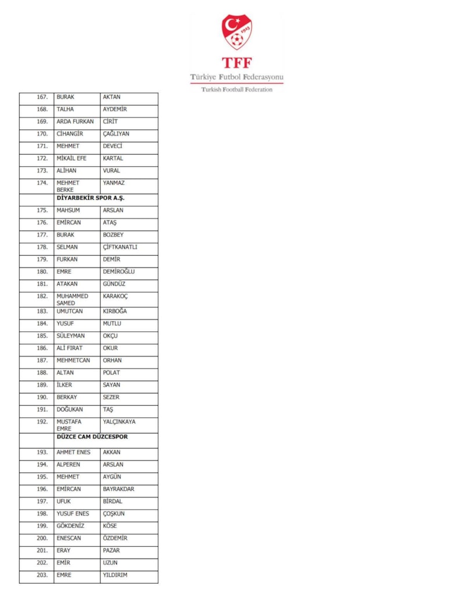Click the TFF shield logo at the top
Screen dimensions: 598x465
click(x=237, y=32)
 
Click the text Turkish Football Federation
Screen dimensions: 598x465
click(x=237, y=89)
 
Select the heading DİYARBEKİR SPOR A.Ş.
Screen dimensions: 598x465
click(x=90, y=198)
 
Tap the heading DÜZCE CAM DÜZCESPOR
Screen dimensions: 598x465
click(x=92, y=437)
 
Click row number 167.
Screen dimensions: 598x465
click(x=42, y=97)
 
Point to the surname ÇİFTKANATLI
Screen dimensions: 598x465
click(x=120, y=247)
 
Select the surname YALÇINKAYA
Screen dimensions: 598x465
click(x=119, y=422)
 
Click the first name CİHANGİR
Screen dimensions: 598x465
click(x=70, y=134)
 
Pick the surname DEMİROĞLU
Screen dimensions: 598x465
click(x=119, y=271)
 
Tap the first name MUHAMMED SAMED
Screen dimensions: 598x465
click(x=72, y=299)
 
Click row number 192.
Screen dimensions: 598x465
click(x=42, y=422)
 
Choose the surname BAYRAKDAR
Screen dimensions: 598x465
click(x=119, y=489)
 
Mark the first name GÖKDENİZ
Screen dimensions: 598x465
click(x=70, y=526)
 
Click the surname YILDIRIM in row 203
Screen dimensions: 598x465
click(x=115, y=575)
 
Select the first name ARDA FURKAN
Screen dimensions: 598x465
click(x=75, y=121)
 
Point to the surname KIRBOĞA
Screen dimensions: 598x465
click(x=115, y=311)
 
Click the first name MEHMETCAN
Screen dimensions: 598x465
click(x=73, y=360)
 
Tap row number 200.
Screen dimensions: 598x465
click(x=42, y=538)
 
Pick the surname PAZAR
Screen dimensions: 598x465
click(x=111, y=550)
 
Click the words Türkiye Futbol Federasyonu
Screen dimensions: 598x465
click(x=237, y=77)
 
